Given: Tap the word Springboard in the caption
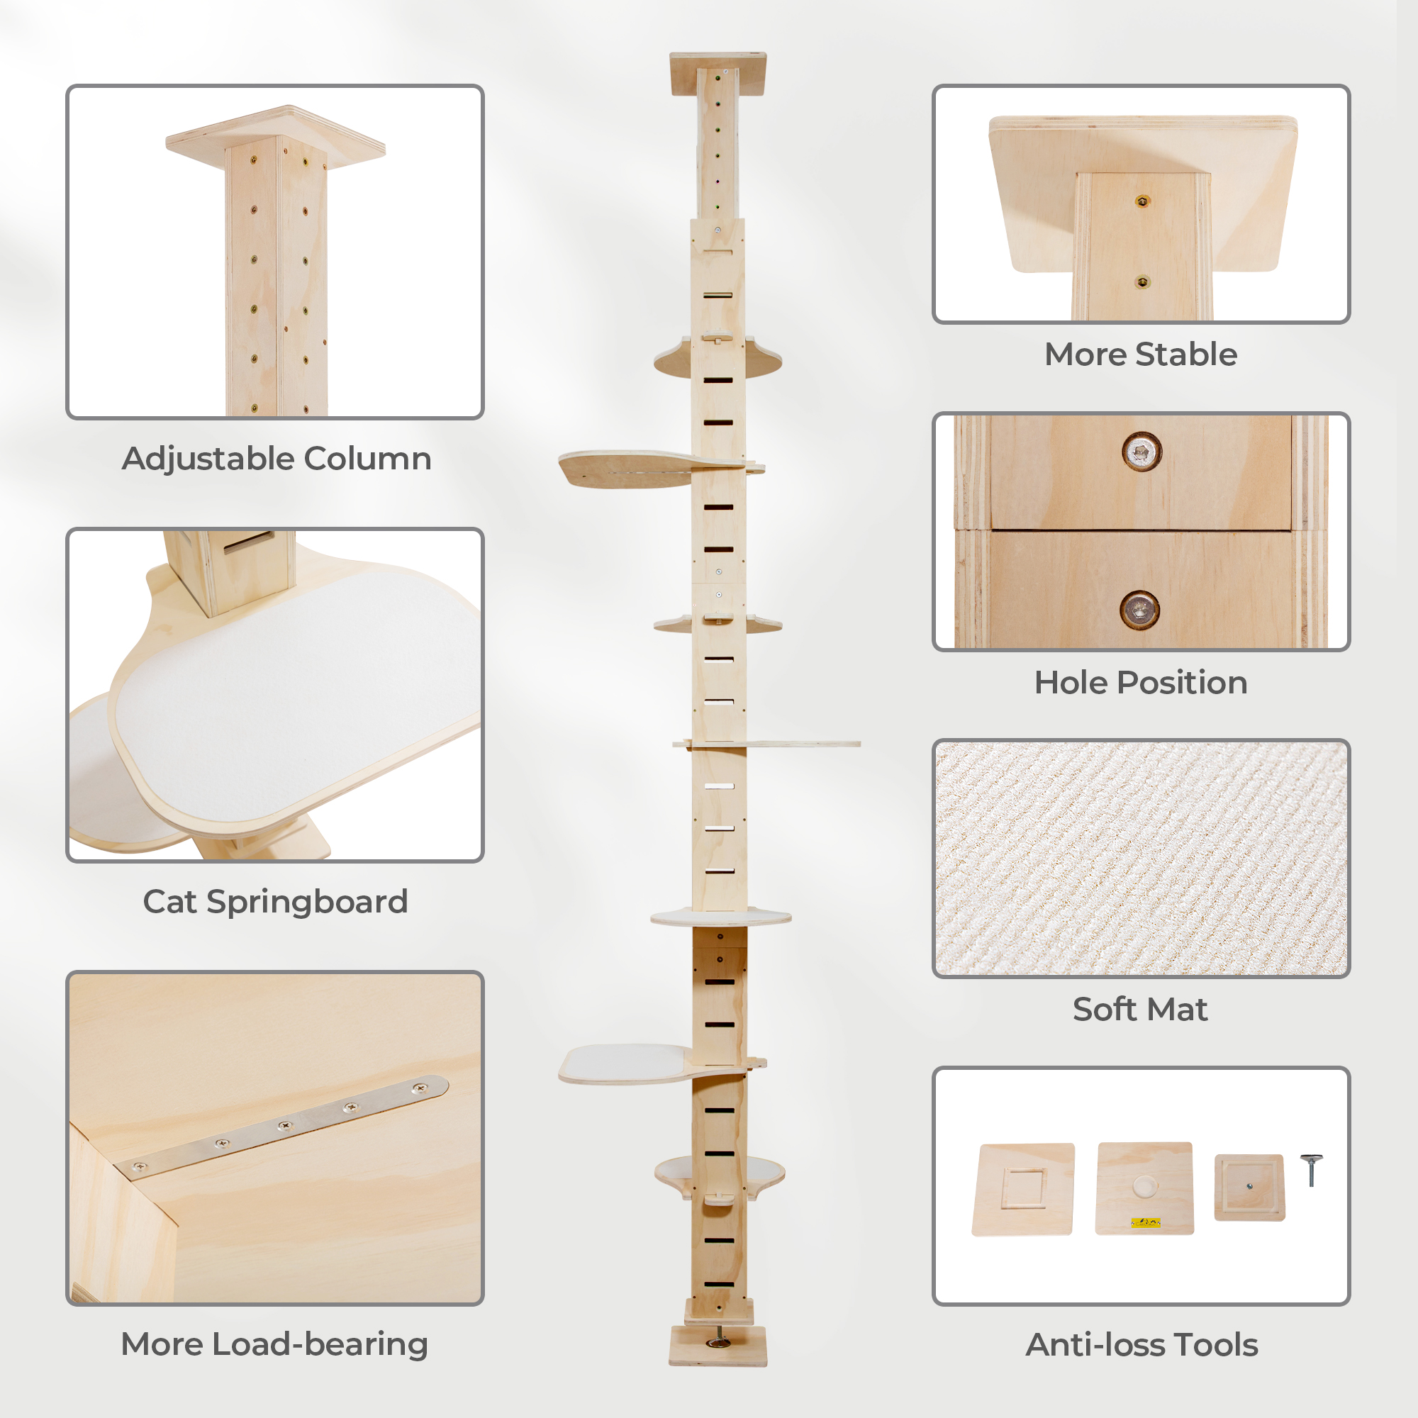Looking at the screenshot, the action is pos(307,902).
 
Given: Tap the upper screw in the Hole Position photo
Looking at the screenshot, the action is pos(1141,452).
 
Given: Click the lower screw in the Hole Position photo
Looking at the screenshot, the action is pos(1140,609).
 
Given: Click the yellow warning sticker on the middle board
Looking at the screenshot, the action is pos(1145,1222).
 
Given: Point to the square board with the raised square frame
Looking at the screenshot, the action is pos(1023,1189).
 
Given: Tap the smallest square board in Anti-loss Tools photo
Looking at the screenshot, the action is pos(1249,1188).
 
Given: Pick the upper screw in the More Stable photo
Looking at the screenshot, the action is pos(1142,201).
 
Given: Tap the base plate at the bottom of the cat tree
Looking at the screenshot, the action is pos(718,1346).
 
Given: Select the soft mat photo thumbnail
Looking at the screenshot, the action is pos(1141,858).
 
